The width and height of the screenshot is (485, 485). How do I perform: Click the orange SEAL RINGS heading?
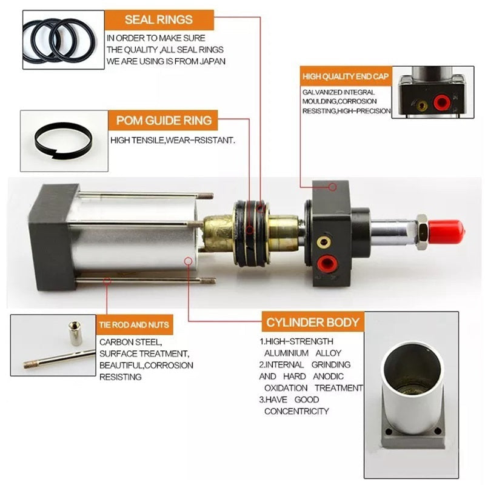[159, 20]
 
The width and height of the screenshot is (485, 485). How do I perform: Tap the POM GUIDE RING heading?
[164, 120]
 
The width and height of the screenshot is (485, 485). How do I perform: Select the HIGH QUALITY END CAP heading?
[346, 76]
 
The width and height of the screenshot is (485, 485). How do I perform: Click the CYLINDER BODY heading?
[313, 323]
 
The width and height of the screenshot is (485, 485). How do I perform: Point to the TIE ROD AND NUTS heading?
[134, 325]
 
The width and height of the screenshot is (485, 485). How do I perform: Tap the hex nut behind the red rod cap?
[422, 232]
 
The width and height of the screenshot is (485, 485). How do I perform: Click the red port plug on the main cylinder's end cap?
[327, 264]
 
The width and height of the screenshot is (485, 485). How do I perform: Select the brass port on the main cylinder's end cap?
[324, 242]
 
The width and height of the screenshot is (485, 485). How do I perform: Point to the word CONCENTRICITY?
[296, 412]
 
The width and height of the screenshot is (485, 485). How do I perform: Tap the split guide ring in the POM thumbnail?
[63, 141]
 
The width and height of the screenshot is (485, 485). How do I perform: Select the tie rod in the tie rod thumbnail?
[59, 359]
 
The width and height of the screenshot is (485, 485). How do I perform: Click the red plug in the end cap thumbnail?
[441, 102]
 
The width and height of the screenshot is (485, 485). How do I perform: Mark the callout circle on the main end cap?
[332, 187]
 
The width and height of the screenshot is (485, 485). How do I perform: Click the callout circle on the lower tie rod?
[107, 281]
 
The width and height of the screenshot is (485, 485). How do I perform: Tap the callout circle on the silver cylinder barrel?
[188, 261]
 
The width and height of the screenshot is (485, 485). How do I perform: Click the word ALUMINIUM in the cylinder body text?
[286, 353]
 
